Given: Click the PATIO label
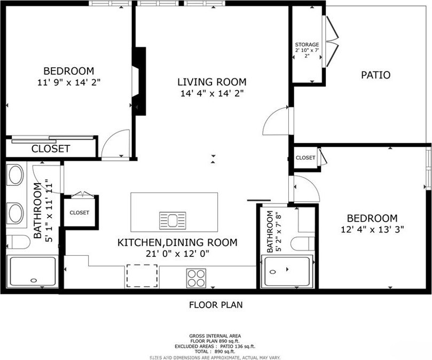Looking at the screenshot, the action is pos(375,75).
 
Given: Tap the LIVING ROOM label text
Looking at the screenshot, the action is pos(212,82).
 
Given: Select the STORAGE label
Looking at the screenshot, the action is pos(307,45).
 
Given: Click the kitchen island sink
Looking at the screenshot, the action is pos(172,220).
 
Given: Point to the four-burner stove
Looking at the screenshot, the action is pos(196,278).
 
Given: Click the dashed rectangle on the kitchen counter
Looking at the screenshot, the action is pos(142,276).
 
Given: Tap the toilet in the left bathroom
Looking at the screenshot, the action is pos(18,242).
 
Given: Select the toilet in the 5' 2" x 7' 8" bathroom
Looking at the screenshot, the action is pos(303,244).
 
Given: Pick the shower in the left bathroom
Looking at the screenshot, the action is pos(33,271).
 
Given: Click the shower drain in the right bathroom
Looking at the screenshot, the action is pos(273,272).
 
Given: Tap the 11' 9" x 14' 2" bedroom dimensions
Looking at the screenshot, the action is pos(68,82).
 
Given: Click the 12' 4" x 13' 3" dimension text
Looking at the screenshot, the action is pos(372,229).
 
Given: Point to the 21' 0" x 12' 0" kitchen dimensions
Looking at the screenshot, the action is pos(177,253).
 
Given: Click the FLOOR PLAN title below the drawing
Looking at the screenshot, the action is pos(216,305).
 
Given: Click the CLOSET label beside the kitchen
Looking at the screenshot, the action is pos(80,213).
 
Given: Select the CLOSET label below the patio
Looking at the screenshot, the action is pos(305,158).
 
